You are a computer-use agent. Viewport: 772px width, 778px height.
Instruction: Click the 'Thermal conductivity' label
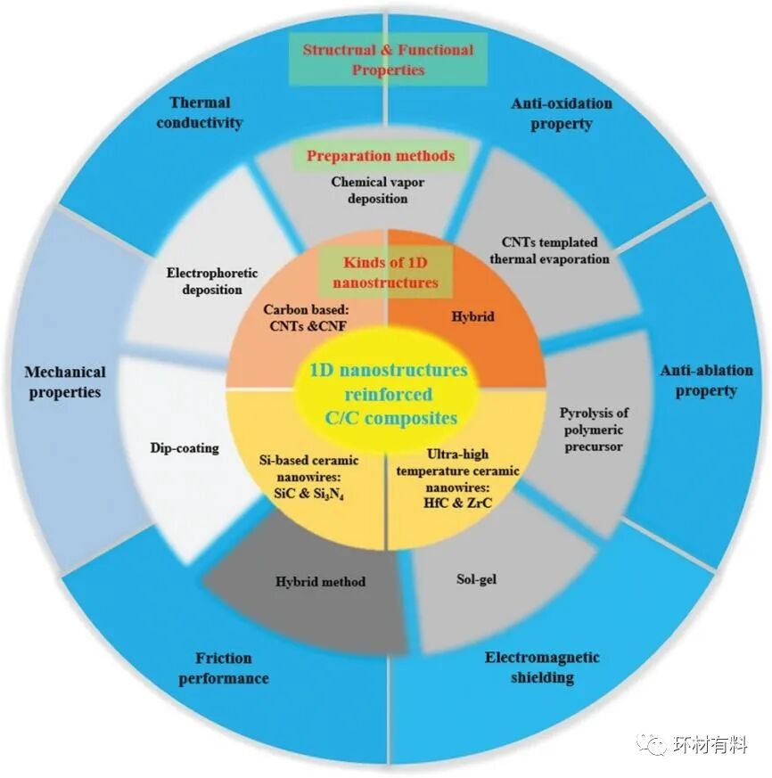(x=200, y=112)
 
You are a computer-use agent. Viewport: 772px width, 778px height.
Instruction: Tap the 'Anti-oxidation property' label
(x=562, y=113)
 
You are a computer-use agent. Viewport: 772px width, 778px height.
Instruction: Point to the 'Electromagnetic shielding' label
(x=542, y=667)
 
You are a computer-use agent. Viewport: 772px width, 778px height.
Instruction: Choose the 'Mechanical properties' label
(x=65, y=381)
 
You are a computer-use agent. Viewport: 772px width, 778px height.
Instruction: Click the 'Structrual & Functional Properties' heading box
(x=388, y=59)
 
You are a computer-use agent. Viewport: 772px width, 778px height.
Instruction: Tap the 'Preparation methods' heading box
(x=381, y=156)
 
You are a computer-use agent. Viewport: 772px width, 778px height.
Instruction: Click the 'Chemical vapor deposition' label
(x=377, y=190)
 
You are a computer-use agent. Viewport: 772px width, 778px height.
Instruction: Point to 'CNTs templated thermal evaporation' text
(x=550, y=250)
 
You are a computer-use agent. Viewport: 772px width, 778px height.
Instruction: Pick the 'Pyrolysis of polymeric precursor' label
(x=595, y=430)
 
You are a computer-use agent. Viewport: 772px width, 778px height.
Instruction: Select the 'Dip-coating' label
(x=185, y=447)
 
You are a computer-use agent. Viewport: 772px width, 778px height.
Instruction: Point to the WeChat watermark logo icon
(x=655, y=743)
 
